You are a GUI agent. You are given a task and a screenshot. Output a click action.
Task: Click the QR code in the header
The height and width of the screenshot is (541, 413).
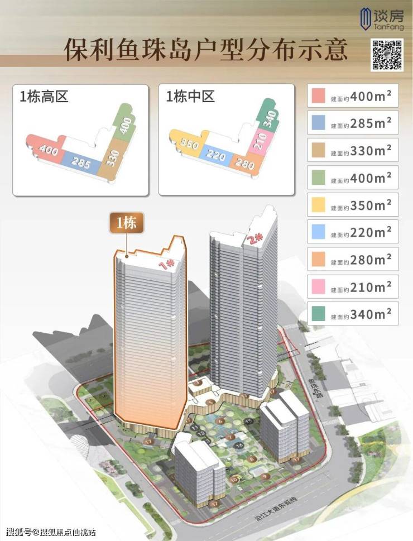click(x=388, y=55)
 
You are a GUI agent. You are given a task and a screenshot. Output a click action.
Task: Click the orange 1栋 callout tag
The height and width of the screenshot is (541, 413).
click(x=127, y=223)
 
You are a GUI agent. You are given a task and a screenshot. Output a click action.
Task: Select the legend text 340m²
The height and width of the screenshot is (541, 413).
click(x=371, y=314)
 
